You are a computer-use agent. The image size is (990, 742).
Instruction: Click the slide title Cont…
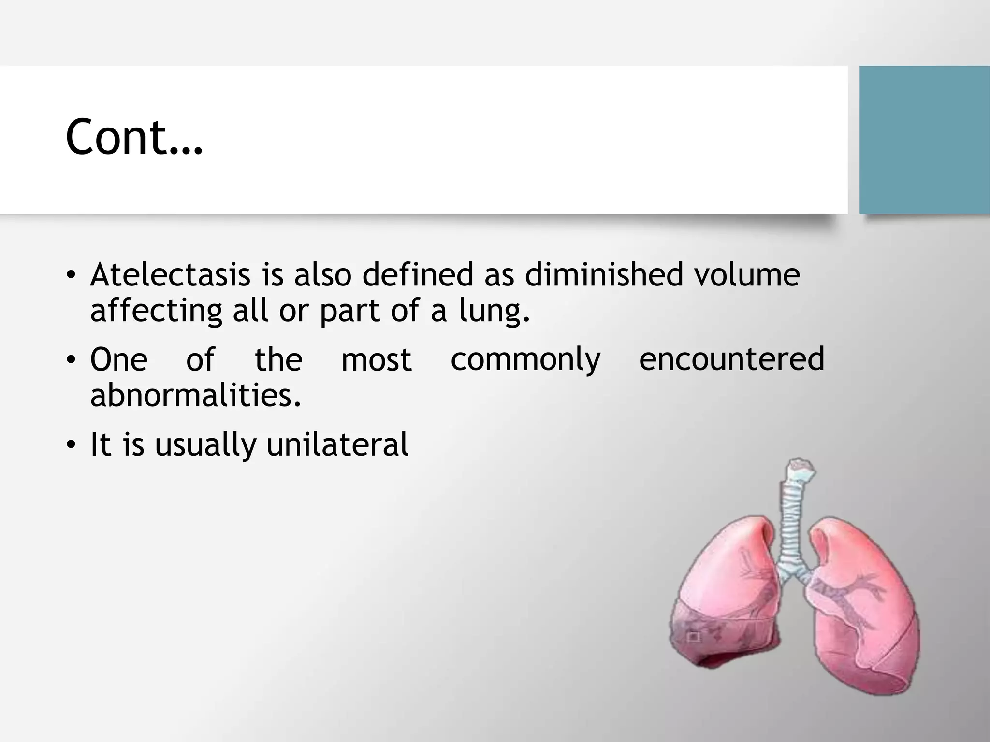click(x=134, y=138)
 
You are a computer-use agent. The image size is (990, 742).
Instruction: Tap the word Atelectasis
click(x=170, y=275)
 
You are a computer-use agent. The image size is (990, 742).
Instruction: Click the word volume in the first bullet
click(x=746, y=275)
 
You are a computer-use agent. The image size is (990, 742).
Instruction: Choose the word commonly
click(x=525, y=360)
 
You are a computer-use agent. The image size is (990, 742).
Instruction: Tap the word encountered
click(x=731, y=360)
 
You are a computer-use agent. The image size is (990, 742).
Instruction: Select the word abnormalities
click(x=196, y=396)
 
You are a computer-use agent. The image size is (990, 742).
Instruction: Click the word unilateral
click(x=337, y=444)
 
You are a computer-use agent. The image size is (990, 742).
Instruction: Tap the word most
click(x=376, y=360)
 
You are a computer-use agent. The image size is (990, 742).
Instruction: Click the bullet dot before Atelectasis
click(x=71, y=275)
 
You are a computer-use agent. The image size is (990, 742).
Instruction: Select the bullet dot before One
click(x=71, y=360)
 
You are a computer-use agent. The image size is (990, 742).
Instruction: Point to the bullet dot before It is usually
click(x=71, y=445)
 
